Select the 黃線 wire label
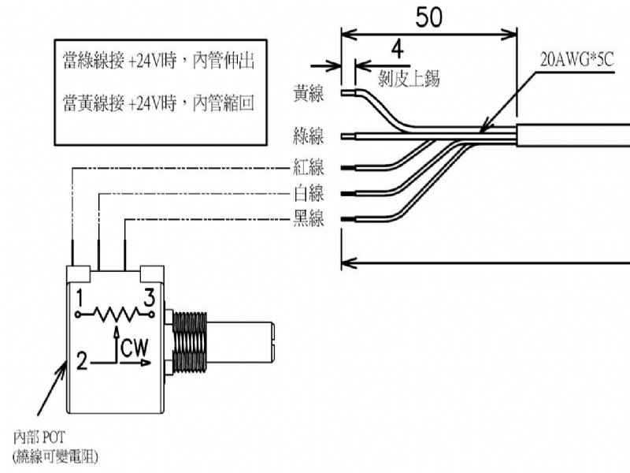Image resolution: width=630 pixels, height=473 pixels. (x=308, y=93)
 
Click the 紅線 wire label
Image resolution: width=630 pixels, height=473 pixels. (x=308, y=167)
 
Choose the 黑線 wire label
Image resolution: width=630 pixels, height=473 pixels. (x=308, y=219)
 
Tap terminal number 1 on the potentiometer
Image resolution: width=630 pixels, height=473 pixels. (x=80, y=297)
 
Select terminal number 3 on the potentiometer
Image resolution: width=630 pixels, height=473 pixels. (x=147, y=297)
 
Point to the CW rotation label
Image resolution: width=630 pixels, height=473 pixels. (x=135, y=347)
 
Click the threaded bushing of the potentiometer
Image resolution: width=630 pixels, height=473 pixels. (x=189, y=341)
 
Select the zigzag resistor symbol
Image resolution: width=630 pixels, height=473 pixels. (x=114, y=314)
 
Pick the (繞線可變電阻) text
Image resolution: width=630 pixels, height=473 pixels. (x=55, y=455)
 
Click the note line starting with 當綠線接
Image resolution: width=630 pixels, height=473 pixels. (x=157, y=61)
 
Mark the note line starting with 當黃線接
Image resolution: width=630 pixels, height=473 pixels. (x=157, y=102)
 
